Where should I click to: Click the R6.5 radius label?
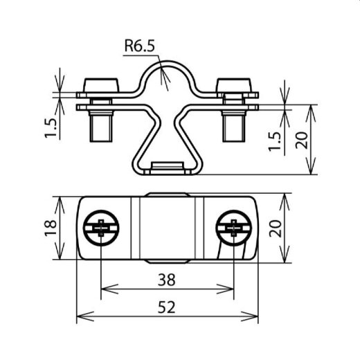pyautogui.click(x=141, y=46)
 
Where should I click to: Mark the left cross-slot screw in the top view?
pyautogui.click(x=101, y=228)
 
